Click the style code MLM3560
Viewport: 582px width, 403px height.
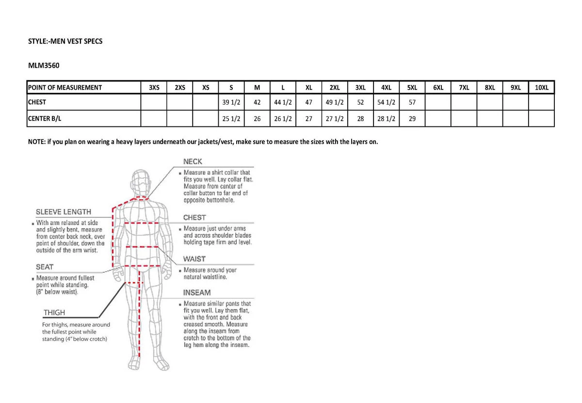point(43,63)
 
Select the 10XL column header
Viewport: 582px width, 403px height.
point(541,88)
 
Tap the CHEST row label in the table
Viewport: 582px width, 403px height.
point(37,102)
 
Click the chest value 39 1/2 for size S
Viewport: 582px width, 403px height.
point(231,102)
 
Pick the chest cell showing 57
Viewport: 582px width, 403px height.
point(412,102)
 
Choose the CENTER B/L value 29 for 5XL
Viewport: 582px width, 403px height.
point(412,118)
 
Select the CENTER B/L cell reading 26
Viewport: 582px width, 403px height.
point(257,118)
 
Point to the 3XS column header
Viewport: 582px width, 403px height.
point(154,88)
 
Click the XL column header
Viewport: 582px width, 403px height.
point(308,88)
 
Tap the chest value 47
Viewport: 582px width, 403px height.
point(308,102)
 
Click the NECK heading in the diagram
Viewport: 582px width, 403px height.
point(193,161)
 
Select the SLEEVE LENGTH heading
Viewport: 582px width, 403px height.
point(63,212)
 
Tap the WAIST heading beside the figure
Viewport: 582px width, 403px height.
point(194,259)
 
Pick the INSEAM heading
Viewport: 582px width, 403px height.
point(196,293)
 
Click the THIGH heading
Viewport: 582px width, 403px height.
point(54,313)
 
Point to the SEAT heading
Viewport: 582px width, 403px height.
point(45,267)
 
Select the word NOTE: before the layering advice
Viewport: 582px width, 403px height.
point(37,142)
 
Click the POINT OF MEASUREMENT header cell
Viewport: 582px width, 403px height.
point(65,88)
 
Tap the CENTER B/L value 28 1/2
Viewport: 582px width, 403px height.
point(386,118)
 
